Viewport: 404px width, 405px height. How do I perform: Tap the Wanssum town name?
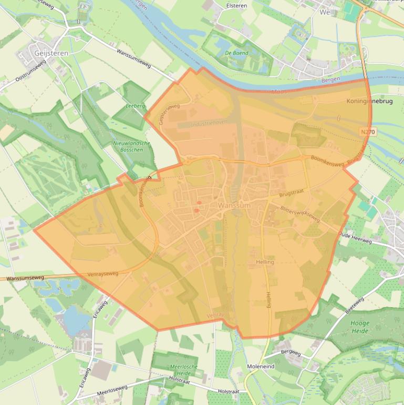click(234, 206)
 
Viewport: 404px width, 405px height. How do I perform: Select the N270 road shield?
click(368, 132)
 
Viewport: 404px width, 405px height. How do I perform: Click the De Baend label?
click(236, 53)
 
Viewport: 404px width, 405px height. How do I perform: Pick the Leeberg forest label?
click(136, 106)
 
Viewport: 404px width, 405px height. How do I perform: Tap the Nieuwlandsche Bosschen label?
click(132, 147)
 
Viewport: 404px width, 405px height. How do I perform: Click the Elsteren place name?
click(236, 6)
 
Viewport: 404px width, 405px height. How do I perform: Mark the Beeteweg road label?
click(355, 306)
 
